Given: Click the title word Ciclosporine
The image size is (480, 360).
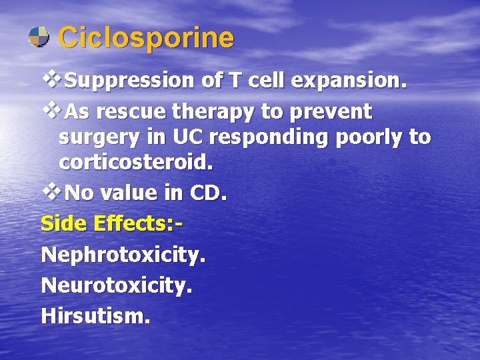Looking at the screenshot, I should coord(146,38).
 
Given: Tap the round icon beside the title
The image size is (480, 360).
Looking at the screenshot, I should coord(39,37).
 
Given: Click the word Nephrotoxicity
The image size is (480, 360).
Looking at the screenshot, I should coord(123,254).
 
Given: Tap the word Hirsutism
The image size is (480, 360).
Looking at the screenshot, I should coord(95,315).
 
